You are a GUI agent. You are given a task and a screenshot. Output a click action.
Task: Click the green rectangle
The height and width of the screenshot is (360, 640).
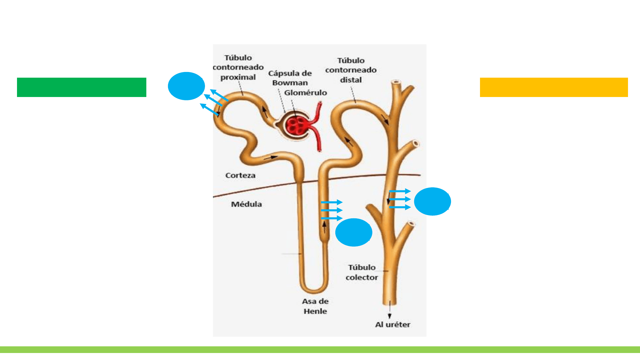(x=82, y=87)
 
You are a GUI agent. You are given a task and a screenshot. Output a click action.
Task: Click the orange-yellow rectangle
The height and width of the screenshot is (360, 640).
(x=554, y=87)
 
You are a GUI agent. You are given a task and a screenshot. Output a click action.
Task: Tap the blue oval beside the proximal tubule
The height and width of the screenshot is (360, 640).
(x=186, y=86)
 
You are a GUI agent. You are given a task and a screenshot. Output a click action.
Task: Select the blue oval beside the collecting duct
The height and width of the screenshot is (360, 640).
(x=432, y=201)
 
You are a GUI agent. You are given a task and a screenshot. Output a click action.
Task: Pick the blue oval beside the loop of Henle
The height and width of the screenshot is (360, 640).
(x=353, y=232)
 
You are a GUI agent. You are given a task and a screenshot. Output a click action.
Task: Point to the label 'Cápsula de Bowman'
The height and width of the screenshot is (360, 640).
(x=290, y=78)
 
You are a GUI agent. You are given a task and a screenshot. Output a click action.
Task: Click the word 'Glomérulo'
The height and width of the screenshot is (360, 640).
(x=305, y=93)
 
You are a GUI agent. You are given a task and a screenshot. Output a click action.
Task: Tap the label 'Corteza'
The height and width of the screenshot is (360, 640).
(x=240, y=175)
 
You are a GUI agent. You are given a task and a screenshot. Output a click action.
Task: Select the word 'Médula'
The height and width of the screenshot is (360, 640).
(x=246, y=204)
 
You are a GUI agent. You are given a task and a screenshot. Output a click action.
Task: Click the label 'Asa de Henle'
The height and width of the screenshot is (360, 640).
(x=315, y=306)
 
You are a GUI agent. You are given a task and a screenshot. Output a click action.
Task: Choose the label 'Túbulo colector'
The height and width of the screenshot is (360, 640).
(x=362, y=272)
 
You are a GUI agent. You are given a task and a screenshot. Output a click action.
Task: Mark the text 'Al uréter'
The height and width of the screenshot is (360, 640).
(x=393, y=324)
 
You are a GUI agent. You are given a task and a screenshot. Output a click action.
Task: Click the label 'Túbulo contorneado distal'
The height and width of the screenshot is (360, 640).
(x=351, y=70)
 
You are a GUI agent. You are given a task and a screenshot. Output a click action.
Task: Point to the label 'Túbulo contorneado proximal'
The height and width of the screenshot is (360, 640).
(x=238, y=67)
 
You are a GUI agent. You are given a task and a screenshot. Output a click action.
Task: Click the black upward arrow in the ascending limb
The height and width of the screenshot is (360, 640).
(x=324, y=227)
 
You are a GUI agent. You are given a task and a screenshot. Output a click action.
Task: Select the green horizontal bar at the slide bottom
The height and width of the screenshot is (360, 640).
(x=320, y=349)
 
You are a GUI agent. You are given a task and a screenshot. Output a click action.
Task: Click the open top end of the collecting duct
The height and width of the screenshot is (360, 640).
(x=396, y=82)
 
